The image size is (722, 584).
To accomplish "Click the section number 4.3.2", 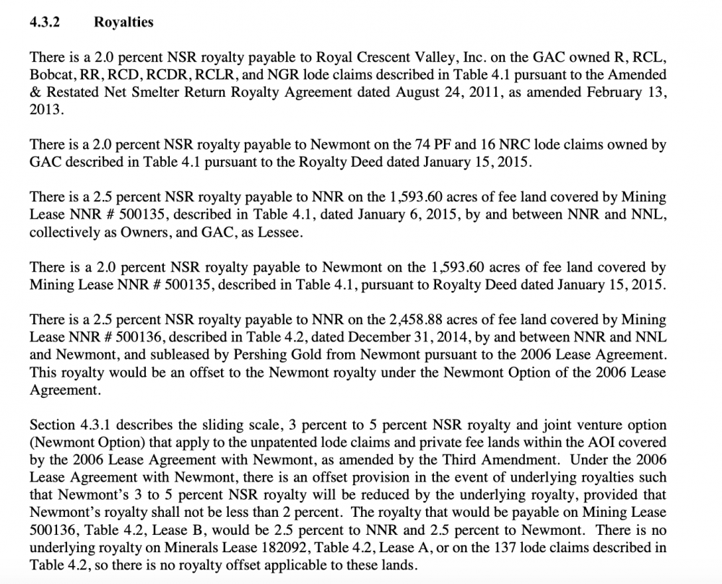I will click(x=44, y=22).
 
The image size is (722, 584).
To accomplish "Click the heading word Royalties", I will click(x=123, y=22).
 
